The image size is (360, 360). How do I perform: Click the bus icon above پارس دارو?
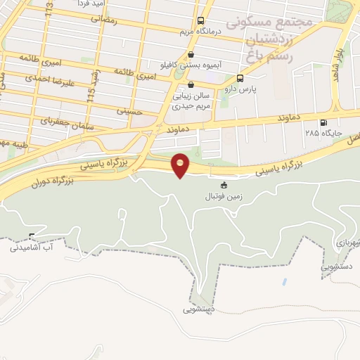point(240,78)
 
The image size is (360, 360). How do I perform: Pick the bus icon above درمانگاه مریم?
point(201,20)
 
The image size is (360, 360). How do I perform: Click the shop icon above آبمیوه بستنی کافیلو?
point(190,53)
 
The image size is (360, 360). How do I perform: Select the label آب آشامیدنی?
point(32,247)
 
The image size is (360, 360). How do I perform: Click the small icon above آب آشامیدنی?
point(32,236)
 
